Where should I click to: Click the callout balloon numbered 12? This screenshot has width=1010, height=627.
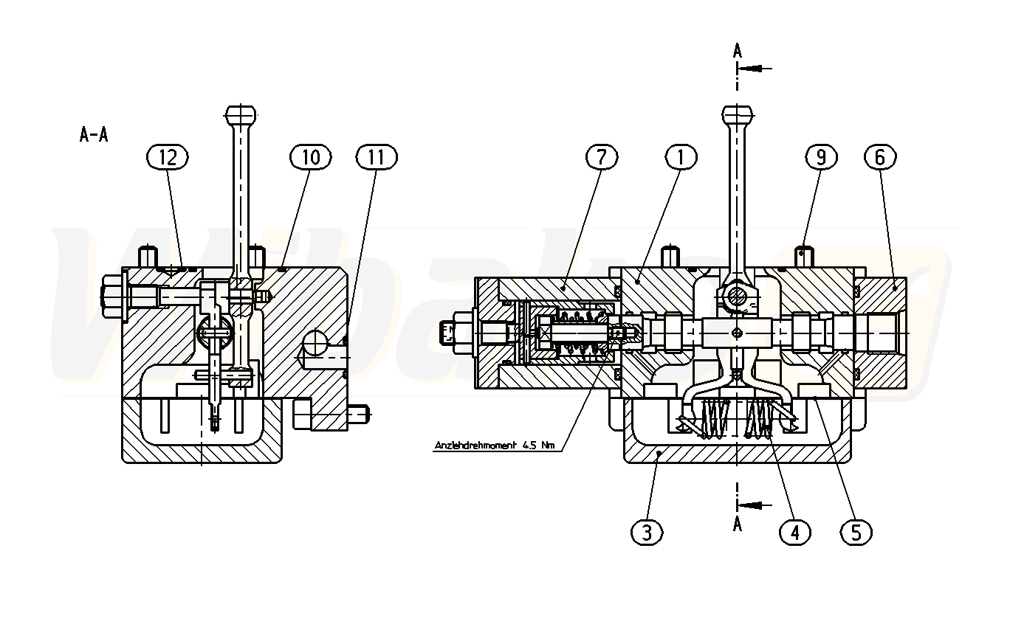[x=168, y=156]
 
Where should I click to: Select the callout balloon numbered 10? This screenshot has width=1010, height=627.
[x=311, y=156]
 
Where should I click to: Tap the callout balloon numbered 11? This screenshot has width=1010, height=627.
[x=377, y=156]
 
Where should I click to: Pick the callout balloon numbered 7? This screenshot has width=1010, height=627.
[x=602, y=156]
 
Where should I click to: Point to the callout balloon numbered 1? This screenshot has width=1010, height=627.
[x=681, y=156]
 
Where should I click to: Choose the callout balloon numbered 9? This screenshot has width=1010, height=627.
[x=821, y=156]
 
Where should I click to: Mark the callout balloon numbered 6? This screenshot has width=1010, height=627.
[x=881, y=156]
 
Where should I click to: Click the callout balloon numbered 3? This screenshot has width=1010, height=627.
[x=647, y=532]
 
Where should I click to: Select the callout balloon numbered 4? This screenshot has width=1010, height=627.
[x=794, y=532]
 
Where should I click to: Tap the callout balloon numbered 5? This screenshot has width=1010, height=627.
[x=856, y=532]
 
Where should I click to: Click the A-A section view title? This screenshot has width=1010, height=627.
[x=94, y=135]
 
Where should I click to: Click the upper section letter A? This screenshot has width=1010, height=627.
[x=737, y=50]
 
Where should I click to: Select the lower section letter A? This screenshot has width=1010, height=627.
[x=737, y=524]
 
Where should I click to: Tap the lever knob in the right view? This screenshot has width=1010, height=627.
[x=738, y=115]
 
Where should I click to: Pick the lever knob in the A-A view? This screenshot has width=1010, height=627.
[x=241, y=115]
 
